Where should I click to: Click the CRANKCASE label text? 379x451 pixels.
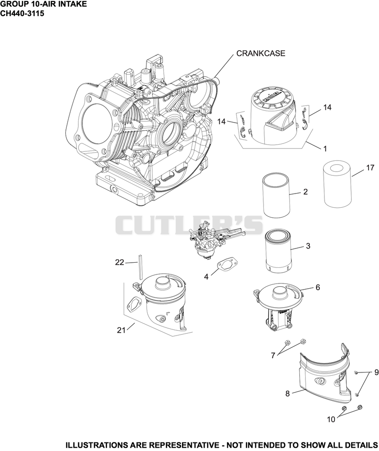pos(261,53)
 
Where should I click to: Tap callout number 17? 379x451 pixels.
pos(370,168)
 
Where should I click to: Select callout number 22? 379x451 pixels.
pos(119,262)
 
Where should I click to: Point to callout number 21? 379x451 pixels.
pos(121,330)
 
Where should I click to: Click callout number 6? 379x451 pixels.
pos(318,287)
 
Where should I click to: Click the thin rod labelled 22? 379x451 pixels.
pos(140,267)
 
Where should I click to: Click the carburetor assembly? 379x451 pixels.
pos(213,239)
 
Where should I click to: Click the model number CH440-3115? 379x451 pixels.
pos(22,14)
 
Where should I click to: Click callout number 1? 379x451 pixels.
pos(325,149)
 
